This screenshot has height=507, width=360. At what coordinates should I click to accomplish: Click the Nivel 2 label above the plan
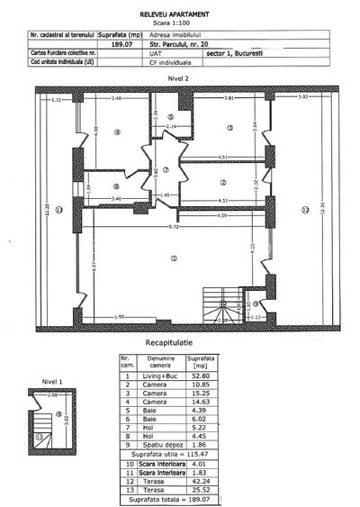click(x=180, y=79)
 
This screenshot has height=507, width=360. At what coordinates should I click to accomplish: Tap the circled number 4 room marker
click(x=118, y=132)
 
